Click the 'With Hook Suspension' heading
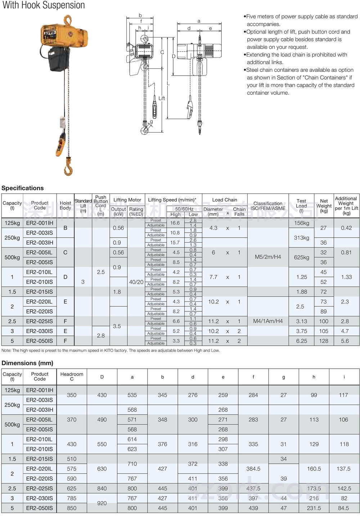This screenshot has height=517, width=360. (44, 5)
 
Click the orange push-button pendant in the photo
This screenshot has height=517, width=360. (61, 144)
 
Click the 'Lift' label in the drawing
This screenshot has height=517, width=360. (162, 98)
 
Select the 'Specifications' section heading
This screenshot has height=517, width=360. (23, 188)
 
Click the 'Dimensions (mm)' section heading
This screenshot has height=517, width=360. (27, 363)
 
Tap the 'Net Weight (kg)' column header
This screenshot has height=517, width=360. (324, 206)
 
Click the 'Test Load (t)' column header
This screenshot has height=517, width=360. (301, 206)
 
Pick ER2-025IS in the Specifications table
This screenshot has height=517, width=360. (40, 321)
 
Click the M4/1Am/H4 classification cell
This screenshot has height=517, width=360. (268, 321)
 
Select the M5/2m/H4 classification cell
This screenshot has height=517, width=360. (268, 257)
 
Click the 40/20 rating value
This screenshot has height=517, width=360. (136, 282)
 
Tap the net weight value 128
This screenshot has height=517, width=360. (324, 341)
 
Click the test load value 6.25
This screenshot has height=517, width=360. (302, 341)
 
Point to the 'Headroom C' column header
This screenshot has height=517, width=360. (72, 376)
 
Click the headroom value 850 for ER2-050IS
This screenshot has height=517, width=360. (72, 508)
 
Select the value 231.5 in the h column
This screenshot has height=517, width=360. (314, 508)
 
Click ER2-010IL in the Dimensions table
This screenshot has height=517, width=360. (40, 439)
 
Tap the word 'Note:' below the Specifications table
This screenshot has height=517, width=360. (6, 350)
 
